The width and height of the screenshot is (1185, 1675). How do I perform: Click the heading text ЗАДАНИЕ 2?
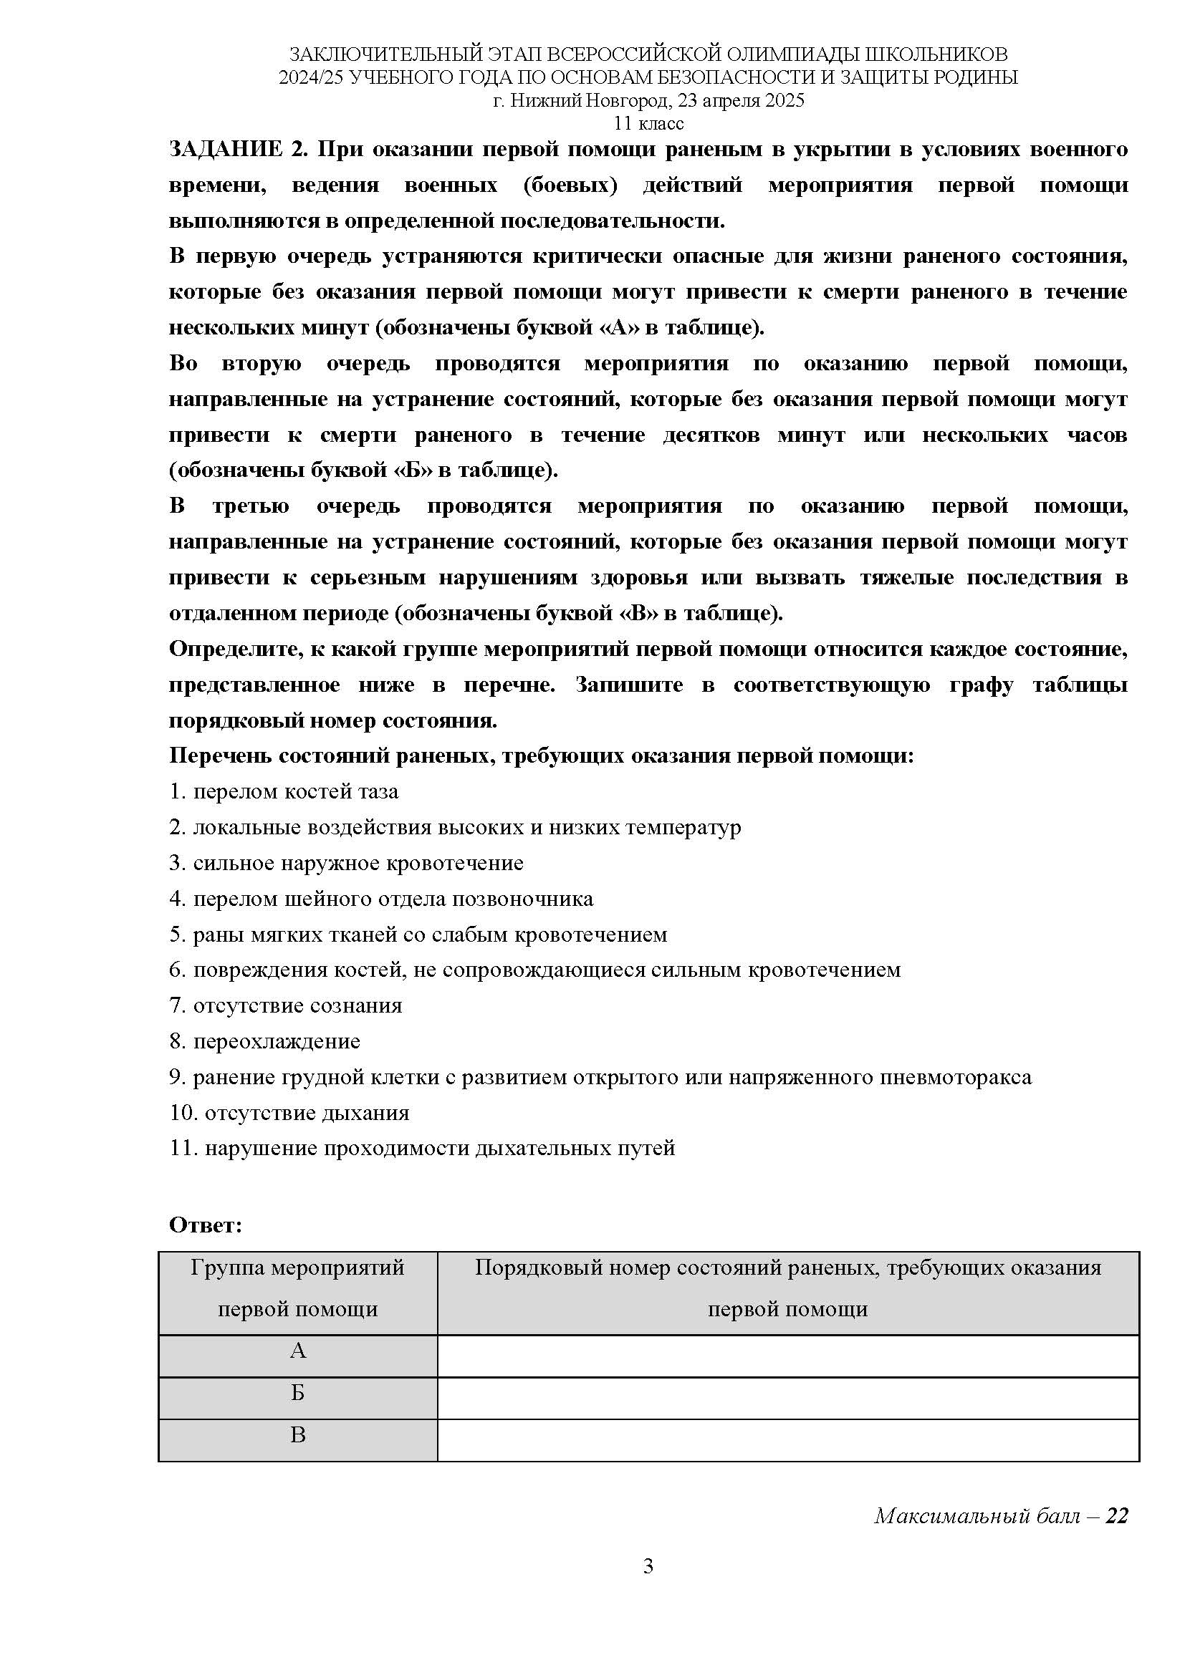coord(239,150)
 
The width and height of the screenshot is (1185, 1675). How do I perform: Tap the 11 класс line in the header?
coord(648,123)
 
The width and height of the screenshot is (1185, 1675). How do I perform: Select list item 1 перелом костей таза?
coord(284,791)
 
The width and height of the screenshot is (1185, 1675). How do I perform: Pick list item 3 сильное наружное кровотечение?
coord(347,863)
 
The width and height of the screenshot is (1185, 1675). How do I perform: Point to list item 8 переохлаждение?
coord(265,1041)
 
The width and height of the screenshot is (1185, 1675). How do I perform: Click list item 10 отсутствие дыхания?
coord(289,1113)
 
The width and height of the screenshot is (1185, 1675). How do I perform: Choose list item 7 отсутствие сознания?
coord(286,1005)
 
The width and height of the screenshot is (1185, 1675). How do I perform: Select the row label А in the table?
coord(298,1352)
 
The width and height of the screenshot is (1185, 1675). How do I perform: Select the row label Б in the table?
coord(298,1394)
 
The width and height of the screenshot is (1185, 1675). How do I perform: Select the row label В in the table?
coord(298,1436)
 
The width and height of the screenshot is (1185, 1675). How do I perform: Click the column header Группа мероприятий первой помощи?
coord(298,1289)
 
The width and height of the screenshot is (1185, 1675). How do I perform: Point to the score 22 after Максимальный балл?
coord(1117,1517)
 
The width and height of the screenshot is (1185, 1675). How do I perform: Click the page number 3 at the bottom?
coord(648,1566)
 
